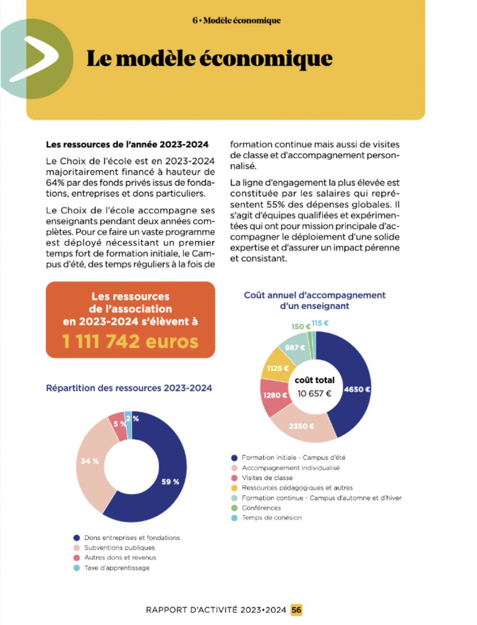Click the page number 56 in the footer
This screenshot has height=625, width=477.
click(x=296, y=609)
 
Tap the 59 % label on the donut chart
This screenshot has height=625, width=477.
click(x=170, y=482)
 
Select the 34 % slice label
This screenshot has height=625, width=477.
click(x=89, y=461)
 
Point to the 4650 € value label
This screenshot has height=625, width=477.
click(x=357, y=389)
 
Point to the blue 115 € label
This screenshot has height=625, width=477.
click(x=320, y=323)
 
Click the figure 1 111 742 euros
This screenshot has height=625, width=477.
click(x=130, y=342)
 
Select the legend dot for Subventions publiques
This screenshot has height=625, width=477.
click(x=77, y=547)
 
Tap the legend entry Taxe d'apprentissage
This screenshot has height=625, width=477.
click(x=117, y=568)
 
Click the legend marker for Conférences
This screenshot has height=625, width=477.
click(x=235, y=508)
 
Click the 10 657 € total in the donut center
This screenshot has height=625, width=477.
click(x=314, y=393)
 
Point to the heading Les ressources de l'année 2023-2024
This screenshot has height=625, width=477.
click(x=127, y=144)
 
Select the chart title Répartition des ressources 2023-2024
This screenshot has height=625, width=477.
click(x=129, y=388)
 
